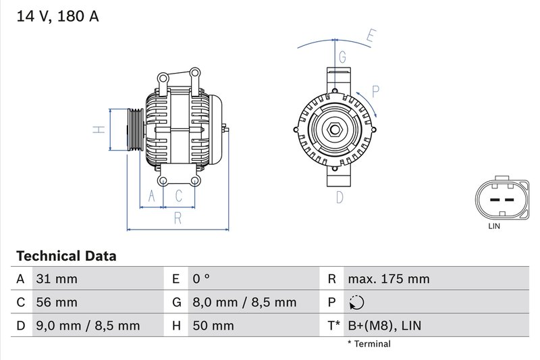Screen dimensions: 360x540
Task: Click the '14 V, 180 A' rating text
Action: click(x=57, y=17)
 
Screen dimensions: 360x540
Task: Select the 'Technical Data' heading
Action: click(x=65, y=256)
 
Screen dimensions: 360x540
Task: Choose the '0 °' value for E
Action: click(x=202, y=279)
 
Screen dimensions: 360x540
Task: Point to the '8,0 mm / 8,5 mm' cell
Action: click(x=244, y=303)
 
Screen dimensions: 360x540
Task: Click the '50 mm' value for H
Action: click(x=213, y=326)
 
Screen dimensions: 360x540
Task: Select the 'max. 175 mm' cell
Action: click(x=389, y=279)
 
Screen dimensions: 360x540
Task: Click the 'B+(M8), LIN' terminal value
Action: click(x=384, y=326)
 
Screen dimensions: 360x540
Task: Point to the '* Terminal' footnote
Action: click(x=369, y=344)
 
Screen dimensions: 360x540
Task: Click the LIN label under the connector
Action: click(x=494, y=227)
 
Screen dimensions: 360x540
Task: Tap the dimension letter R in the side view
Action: click(x=177, y=217)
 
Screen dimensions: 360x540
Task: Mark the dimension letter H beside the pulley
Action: click(x=99, y=129)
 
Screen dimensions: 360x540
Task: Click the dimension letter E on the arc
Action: click(x=369, y=36)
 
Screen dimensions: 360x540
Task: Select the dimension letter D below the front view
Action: click(x=340, y=197)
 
